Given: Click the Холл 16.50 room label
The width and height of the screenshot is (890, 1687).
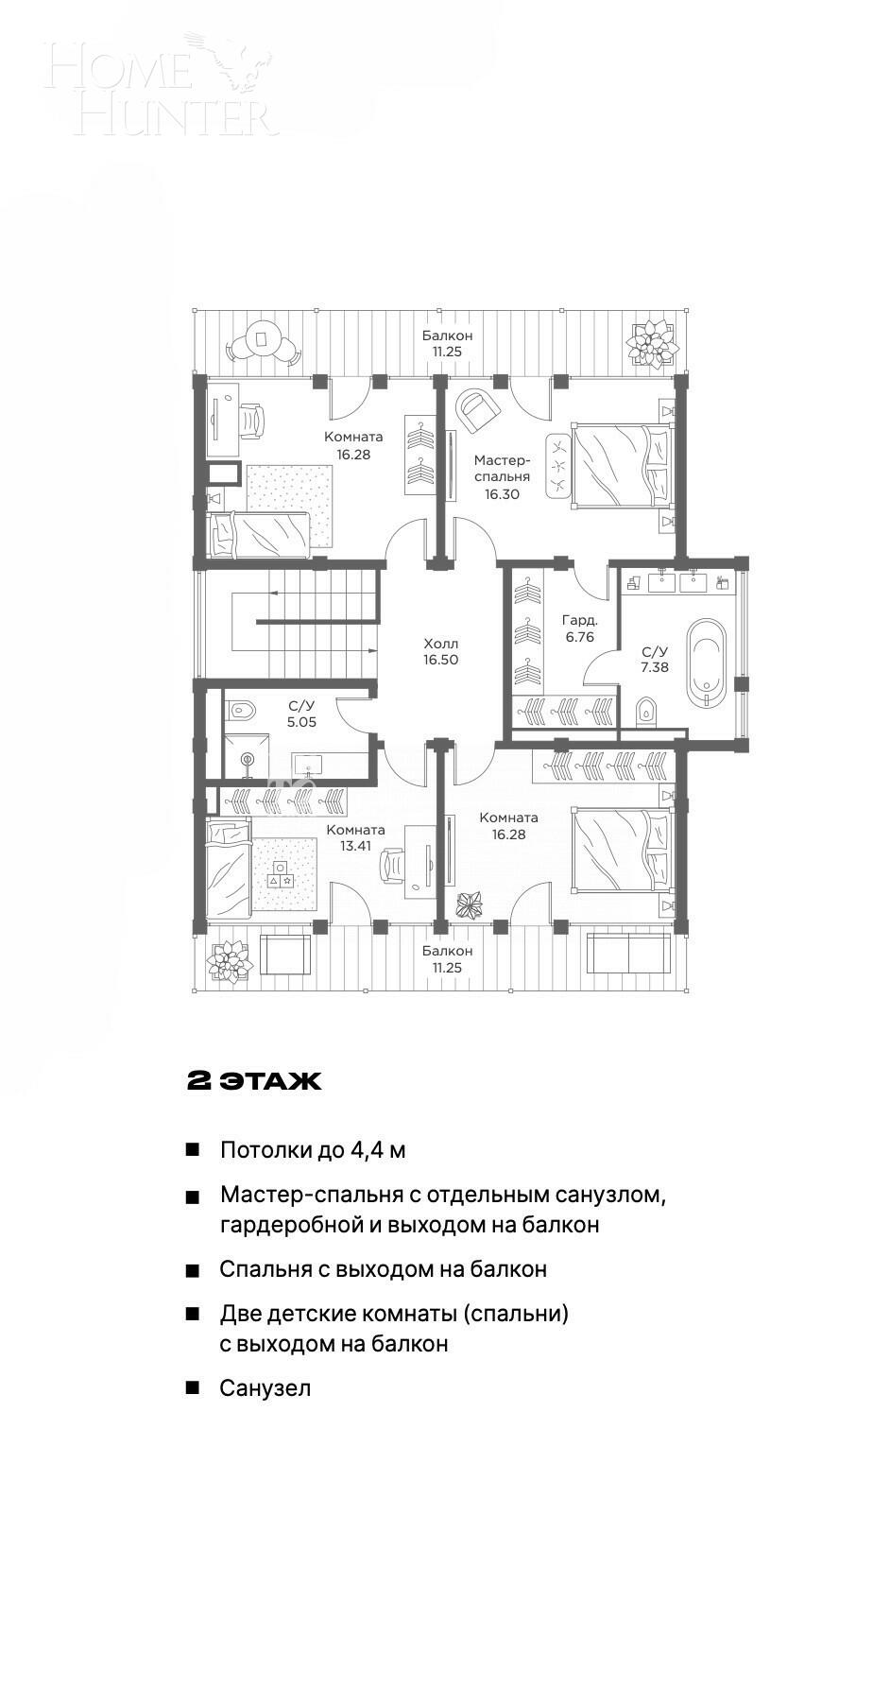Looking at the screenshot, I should pos(440,651).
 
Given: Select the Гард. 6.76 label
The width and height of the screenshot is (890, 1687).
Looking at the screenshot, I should pos(579,628).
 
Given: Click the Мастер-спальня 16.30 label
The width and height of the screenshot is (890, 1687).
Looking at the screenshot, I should pos(502,476).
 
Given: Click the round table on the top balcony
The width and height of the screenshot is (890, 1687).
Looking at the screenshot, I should pos(262,338).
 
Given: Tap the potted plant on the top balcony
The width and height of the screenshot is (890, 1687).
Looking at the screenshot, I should pos(652,342).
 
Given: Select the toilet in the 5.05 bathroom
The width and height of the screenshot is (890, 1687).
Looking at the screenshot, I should pos(242,709).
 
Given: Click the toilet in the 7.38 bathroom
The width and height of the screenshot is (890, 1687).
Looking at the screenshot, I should pos(647,710).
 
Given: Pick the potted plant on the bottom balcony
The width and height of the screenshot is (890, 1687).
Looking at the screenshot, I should pos(230,960).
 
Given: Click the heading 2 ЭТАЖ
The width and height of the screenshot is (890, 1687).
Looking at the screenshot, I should pos(254,1081).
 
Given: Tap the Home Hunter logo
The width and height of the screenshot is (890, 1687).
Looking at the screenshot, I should pos(161,85).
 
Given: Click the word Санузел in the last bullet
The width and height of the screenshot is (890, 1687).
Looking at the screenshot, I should pos(265,1388).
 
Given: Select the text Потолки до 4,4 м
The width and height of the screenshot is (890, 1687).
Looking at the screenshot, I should pos(313,1150).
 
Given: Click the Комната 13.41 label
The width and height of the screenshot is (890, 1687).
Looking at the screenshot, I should pos(355,837).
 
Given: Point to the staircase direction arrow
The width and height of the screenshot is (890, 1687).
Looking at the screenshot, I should pos(276,593).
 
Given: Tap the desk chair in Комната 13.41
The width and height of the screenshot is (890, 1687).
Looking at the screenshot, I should pos(393,864).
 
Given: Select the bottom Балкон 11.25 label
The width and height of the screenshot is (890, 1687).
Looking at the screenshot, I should pos(447,958).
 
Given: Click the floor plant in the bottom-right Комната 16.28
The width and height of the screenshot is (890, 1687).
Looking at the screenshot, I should pos(470,904).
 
